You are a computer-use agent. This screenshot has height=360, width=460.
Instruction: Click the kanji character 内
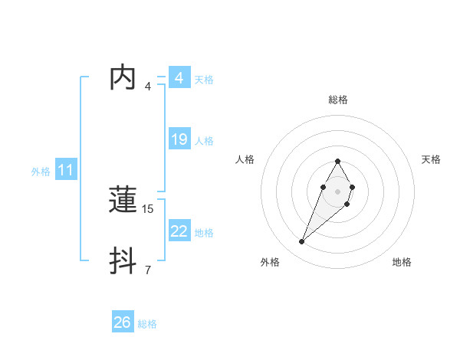[x=124, y=78]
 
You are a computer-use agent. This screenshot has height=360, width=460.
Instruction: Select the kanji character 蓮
[x=124, y=200]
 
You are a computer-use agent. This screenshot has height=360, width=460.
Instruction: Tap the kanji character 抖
[x=124, y=261]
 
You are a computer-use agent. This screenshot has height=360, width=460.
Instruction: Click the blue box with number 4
[x=179, y=78]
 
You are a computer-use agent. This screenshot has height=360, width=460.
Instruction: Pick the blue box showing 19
[x=179, y=139]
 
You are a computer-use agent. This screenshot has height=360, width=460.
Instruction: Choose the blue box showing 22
[x=179, y=231]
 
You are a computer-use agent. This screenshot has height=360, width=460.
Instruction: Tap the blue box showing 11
[x=65, y=171]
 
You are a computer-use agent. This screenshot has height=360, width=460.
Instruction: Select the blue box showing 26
[x=123, y=322]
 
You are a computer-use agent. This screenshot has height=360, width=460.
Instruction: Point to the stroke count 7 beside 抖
[x=147, y=270]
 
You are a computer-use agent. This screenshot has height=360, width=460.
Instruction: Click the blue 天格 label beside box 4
[x=204, y=80]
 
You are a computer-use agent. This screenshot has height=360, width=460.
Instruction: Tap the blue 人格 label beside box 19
[x=204, y=141]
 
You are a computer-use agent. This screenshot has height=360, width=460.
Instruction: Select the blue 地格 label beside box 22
[x=204, y=233]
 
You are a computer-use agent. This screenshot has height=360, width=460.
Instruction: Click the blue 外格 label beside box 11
[x=41, y=172]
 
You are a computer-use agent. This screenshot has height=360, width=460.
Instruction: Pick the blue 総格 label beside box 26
[x=147, y=324]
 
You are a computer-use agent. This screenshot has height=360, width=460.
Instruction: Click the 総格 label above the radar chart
[x=338, y=100]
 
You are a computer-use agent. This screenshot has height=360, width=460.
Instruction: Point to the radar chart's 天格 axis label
[x=432, y=159]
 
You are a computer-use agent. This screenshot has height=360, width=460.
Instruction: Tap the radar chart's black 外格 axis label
[x=270, y=262]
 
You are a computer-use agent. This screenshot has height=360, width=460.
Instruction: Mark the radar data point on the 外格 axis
[x=302, y=242]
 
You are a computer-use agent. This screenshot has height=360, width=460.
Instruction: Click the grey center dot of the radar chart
[x=337, y=190]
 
